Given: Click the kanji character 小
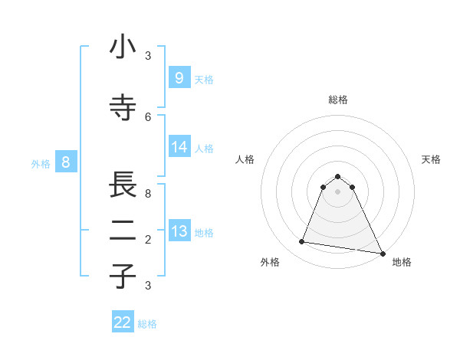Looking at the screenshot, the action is click(123, 47).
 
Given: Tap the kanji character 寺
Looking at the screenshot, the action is click(123, 108).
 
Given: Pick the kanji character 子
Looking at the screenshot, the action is click(123, 275).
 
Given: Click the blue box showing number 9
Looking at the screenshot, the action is click(179, 78).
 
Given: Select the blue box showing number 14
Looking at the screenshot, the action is click(179, 147).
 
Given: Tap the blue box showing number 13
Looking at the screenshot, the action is click(179, 231).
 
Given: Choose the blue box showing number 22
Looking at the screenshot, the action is click(123, 322).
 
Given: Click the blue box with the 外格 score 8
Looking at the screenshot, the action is click(66, 162).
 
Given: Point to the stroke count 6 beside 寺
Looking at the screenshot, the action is click(148, 116).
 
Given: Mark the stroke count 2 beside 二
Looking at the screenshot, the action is click(148, 240).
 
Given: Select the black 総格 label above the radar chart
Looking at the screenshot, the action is click(338, 100).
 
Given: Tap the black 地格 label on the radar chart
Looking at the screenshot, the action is click(402, 262).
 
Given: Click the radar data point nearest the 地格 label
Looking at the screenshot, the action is click(382, 252).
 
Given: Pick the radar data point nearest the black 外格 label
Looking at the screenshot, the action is click(302, 242).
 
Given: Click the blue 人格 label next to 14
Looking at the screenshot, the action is click(204, 149).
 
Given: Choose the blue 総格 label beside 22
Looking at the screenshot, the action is click(147, 324).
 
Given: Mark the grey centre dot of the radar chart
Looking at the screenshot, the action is click(338, 191).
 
